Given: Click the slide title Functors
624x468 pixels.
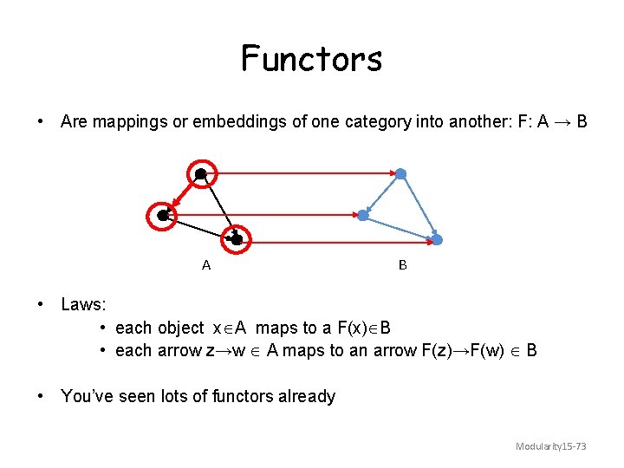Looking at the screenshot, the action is [311, 59].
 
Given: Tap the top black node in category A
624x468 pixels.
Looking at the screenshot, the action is [201, 174].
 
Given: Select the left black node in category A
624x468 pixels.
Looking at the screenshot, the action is [163, 215].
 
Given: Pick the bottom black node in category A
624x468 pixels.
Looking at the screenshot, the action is [237, 238].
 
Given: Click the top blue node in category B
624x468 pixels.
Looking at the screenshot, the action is [400, 174].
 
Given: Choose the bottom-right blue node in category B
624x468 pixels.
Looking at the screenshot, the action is [437, 239].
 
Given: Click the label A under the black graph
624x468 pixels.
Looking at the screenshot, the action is [206, 266].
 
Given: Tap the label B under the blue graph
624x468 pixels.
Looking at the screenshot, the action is [402, 266].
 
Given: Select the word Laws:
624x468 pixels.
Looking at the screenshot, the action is [84, 304].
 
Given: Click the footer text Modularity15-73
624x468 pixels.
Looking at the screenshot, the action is [551, 446].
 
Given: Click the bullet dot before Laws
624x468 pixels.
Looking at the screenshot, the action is [41, 304].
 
